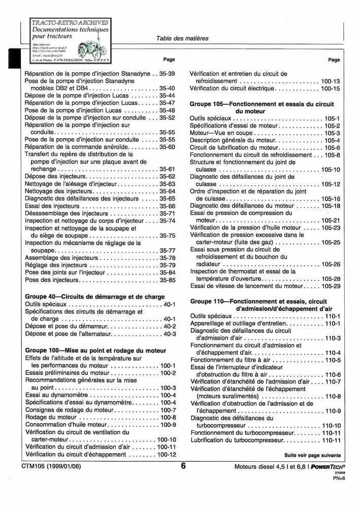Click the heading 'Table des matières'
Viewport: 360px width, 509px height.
[x=182, y=38]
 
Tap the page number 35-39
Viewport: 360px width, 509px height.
[x=167, y=74]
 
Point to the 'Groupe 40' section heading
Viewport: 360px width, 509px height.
[x=95, y=297]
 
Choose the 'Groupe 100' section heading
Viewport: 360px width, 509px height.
[x=95, y=351]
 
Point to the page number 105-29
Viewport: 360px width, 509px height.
[x=331, y=286]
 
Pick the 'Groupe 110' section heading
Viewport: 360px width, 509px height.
[x=266, y=304]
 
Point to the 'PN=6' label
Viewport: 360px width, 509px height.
[x=339, y=478]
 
